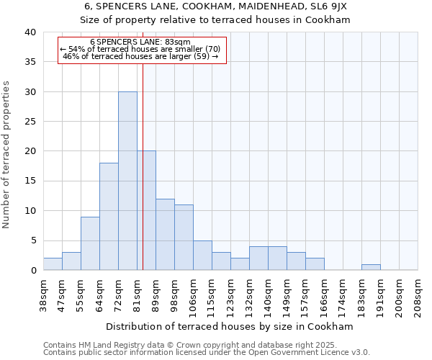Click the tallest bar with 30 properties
point(127,181)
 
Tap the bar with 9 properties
point(90,243)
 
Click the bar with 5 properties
point(202,255)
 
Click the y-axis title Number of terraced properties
point(7,154)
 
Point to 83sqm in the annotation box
point(179,42)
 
